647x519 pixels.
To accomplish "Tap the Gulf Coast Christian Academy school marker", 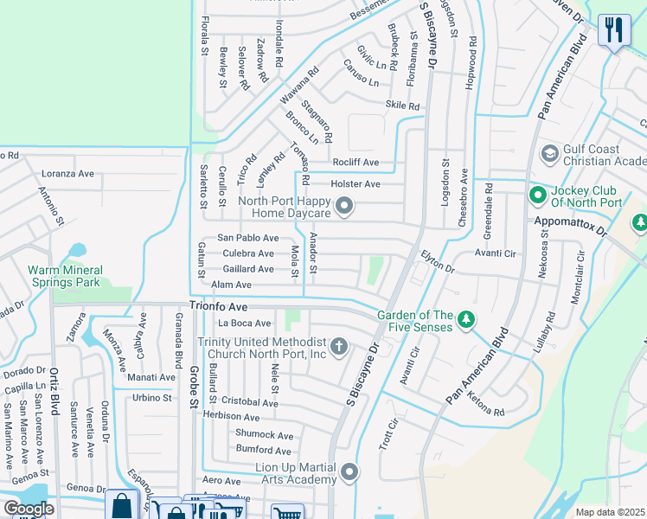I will [549, 154].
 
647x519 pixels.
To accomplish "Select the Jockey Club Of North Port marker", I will [537, 195].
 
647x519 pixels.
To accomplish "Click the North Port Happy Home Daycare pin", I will [345, 206].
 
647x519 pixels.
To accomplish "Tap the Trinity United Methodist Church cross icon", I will [339, 348].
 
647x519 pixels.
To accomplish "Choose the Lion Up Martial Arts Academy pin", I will [349, 472].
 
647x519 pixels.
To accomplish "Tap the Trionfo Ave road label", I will [219, 307].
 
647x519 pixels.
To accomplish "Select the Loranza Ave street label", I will [67, 173].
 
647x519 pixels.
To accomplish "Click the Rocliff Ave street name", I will [356, 162].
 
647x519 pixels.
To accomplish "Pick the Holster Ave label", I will [356, 183].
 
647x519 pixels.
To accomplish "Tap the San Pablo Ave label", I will [247, 237].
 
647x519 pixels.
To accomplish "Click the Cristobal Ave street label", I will [250, 402].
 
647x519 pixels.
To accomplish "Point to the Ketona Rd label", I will [487, 406].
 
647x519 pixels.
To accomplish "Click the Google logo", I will [28, 509].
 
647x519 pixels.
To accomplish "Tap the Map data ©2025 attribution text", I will [610, 512].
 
